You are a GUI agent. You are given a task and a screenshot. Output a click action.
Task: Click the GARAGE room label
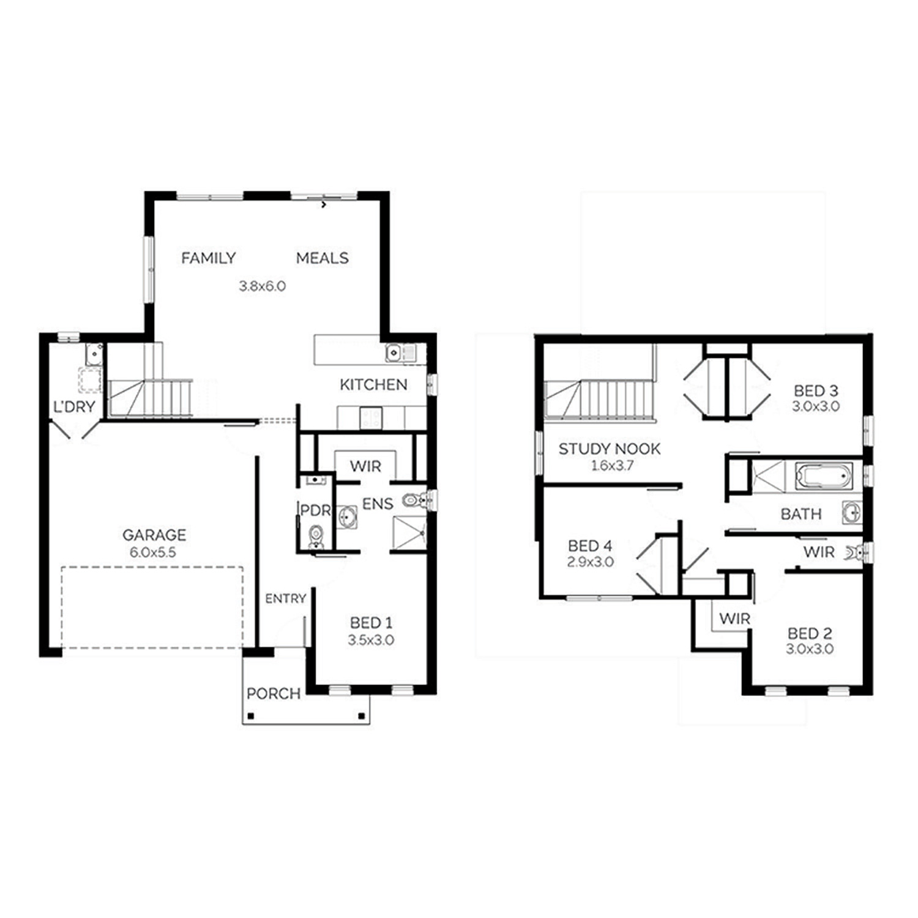(x=154, y=535)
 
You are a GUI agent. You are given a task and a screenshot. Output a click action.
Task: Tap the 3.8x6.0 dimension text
(x=262, y=286)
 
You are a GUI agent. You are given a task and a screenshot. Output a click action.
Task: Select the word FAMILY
(x=209, y=258)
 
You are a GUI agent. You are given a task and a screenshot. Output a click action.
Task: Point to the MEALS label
(x=323, y=258)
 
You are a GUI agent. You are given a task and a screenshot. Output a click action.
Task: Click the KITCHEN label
(x=373, y=384)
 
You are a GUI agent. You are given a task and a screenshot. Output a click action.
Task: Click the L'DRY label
(x=74, y=406)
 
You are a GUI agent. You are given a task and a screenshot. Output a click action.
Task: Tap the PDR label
(x=315, y=510)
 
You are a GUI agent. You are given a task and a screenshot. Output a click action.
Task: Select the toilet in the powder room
(x=316, y=536)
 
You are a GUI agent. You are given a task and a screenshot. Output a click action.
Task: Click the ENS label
(x=378, y=504)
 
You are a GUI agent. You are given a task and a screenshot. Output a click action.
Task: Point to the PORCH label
(x=274, y=693)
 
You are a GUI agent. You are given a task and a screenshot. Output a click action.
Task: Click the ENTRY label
(x=285, y=599)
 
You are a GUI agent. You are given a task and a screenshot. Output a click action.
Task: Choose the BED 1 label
(x=371, y=623)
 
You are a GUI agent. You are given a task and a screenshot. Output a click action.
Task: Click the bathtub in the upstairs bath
(x=823, y=476)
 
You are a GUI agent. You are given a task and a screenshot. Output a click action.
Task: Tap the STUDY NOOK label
(x=610, y=449)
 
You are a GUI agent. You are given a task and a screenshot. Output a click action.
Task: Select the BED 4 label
(x=590, y=545)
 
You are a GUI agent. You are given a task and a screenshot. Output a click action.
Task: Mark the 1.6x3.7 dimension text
(x=612, y=465)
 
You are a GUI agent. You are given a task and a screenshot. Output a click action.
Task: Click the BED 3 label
(x=816, y=390)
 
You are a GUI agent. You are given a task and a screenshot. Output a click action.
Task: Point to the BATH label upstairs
(x=801, y=514)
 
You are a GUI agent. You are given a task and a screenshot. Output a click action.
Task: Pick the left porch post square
(x=250, y=716)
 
